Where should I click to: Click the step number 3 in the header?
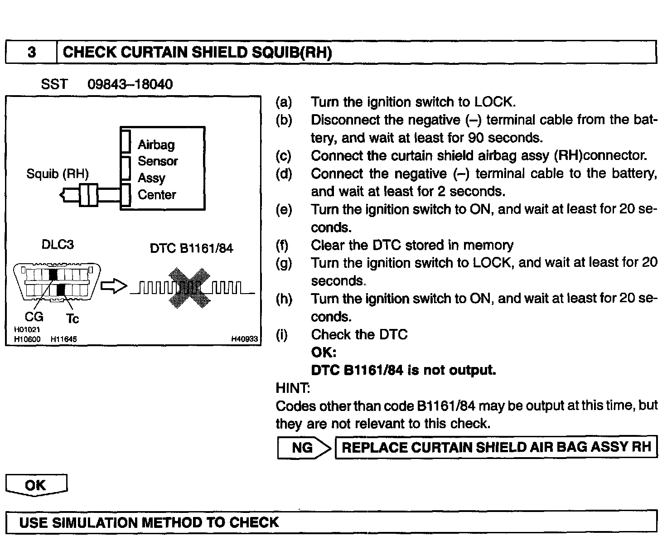31,52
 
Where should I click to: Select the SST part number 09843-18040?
130,84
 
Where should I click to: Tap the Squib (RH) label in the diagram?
58,174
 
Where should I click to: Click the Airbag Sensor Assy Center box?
163,169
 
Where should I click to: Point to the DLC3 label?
58,245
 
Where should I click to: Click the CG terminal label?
34,317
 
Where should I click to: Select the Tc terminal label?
72,319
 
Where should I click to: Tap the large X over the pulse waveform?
189,288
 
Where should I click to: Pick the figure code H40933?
244,339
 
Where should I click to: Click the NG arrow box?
303,448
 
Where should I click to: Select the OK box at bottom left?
36,485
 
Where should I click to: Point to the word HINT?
293,388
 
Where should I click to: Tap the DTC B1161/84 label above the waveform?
191,248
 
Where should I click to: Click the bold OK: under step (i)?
324,353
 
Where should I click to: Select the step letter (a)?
284,102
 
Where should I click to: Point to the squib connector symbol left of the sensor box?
88,196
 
